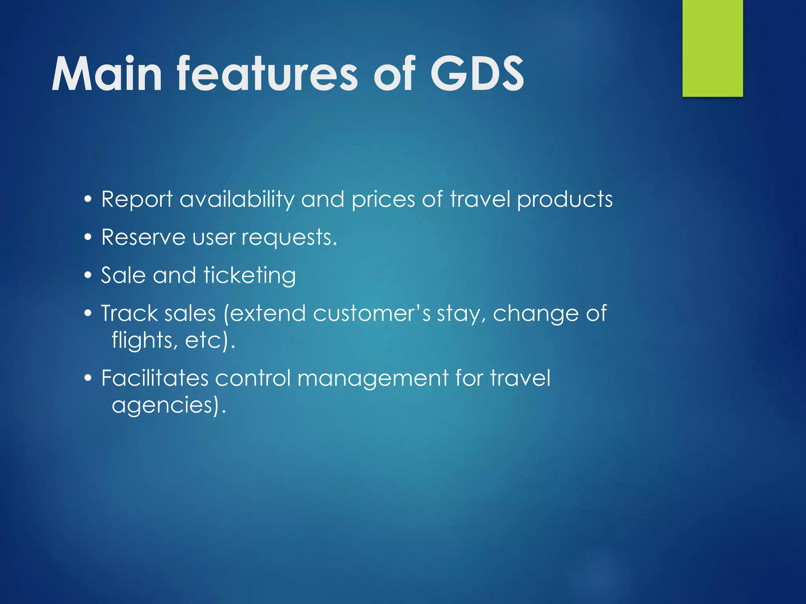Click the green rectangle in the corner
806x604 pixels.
tap(712, 48)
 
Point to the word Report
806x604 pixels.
tap(137, 199)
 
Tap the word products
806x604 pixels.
tap(565, 199)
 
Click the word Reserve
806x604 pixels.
tap(143, 238)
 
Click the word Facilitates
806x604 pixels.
tap(155, 378)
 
